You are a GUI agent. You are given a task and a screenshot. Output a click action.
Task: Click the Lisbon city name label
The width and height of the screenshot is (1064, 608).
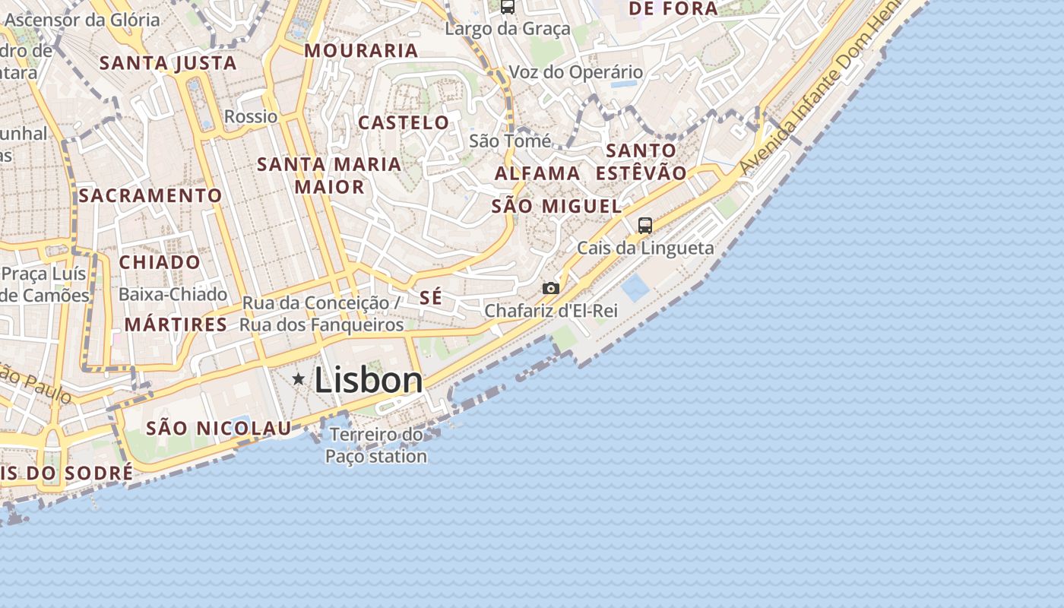pos(369,380)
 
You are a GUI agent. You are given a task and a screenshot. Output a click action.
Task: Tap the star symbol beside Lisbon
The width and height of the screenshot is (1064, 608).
pos(299,378)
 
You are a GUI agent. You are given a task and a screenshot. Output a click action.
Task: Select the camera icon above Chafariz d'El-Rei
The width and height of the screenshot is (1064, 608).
pos(551,289)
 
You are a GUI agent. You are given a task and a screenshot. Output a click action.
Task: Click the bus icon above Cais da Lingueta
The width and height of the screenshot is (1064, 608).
pos(645,226)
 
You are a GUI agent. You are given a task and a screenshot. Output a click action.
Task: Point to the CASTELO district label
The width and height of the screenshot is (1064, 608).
pos(404,122)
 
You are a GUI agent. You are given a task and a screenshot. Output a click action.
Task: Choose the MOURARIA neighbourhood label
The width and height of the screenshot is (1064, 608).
pos(361,51)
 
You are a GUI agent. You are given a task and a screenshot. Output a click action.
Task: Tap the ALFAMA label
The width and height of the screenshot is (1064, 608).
pos(537,173)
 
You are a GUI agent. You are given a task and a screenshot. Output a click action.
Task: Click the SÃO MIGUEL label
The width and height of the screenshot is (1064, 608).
pos(556,206)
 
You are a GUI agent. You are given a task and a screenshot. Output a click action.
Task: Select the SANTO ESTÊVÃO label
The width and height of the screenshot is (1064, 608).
pos(641,161)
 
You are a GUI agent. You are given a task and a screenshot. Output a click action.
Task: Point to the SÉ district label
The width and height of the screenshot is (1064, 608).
pos(431,297)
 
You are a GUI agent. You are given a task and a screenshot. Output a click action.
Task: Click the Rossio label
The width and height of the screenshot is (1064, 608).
pos(251,117)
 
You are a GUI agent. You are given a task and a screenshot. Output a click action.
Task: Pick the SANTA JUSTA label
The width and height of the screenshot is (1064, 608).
pos(168,63)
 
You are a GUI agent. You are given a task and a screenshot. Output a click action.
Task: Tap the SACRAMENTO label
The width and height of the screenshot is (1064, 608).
pos(150,195)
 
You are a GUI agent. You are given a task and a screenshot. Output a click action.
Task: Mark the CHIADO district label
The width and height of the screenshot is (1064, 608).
pos(160,262)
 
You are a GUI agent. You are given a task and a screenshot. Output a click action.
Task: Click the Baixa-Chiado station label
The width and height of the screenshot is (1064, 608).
pos(173,294)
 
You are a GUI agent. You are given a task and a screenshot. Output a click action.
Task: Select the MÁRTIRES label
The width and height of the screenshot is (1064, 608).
pos(176,325)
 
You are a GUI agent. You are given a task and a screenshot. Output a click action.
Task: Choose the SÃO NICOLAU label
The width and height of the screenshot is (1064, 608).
pos(219,428)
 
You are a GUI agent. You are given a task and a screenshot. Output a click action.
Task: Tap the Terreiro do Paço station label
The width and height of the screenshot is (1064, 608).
pos(376,445)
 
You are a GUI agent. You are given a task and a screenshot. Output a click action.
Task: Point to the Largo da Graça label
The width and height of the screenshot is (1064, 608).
pos(508,29)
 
